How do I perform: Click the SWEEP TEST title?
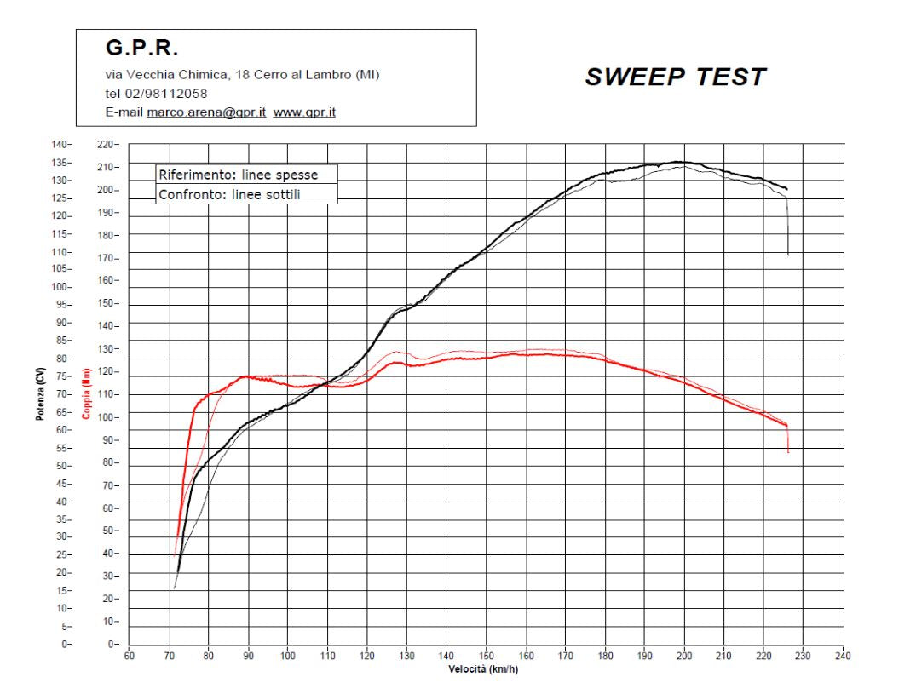(675, 77)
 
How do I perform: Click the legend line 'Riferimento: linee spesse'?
(238, 175)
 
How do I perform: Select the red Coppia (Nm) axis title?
(85, 394)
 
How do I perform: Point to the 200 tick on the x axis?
(684, 656)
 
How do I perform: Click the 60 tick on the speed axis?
(130, 656)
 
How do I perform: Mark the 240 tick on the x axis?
(843, 656)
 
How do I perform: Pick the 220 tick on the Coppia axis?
(109, 145)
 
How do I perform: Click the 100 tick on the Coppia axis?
(109, 417)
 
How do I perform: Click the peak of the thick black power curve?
(679, 161)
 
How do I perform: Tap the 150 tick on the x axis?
(486, 656)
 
